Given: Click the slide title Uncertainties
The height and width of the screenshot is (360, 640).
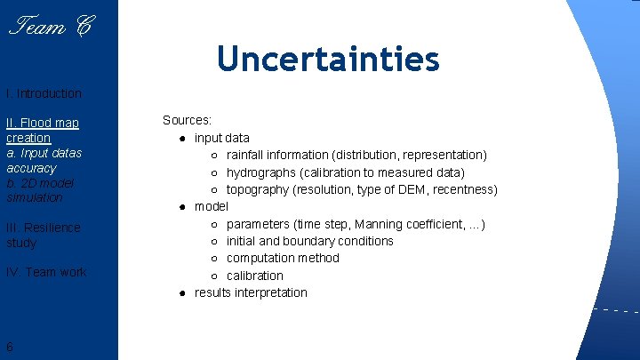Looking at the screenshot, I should [x=328, y=59].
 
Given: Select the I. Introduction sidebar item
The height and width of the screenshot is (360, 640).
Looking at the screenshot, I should [x=44, y=93].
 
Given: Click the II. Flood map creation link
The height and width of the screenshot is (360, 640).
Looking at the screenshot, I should [x=42, y=131].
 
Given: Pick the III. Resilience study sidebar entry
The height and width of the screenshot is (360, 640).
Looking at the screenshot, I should [x=43, y=235].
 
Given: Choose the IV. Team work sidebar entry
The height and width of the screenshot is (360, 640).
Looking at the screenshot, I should [x=46, y=272].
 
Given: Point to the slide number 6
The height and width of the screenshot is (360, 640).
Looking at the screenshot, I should [x=9, y=347].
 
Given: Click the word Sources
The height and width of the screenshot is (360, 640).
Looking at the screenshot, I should [x=186, y=120].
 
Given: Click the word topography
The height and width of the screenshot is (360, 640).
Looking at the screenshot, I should [x=258, y=189].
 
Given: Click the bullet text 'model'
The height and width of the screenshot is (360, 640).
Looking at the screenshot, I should [x=212, y=206].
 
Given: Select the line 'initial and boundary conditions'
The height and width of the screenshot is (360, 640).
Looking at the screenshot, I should [x=309, y=241].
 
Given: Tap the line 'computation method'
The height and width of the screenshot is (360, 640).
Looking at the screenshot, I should [x=283, y=258].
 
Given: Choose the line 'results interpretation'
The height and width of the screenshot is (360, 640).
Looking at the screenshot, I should [x=251, y=292].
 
